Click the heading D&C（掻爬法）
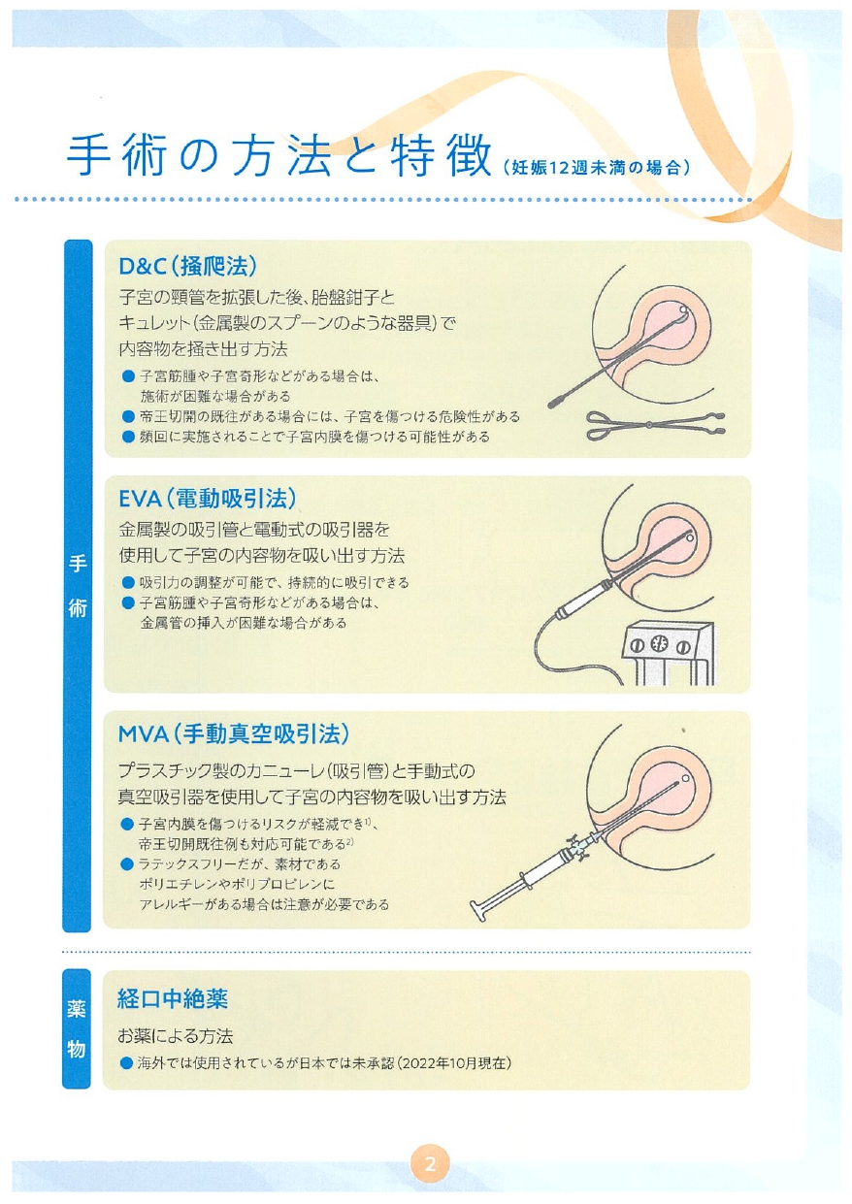point(187,266)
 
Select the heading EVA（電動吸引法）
point(208,499)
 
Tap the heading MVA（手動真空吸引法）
point(234,733)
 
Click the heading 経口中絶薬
point(173,999)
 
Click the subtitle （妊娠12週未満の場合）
point(596,168)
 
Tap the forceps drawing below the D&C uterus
point(655,425)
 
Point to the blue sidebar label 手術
point(78,586)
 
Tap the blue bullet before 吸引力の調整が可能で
point(128,583)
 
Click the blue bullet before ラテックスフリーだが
point(127,864)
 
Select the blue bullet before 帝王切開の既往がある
point(128,416)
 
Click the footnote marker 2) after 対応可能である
point(350,840)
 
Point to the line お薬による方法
point(176,1036)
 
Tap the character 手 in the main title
point(88,156)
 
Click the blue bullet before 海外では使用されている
point(127,1063)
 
